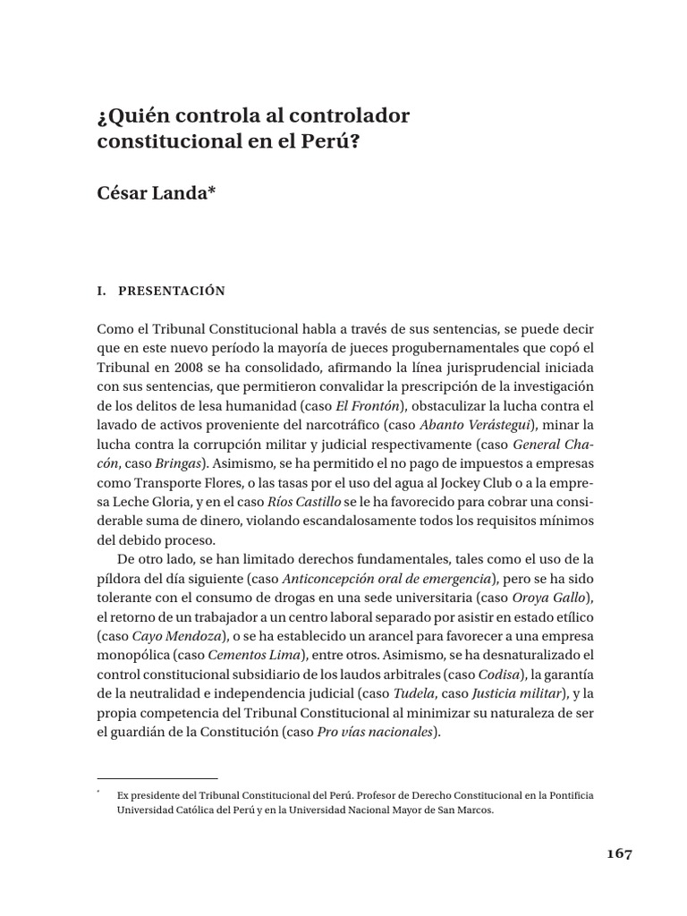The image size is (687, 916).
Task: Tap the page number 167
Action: point(615,853)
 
